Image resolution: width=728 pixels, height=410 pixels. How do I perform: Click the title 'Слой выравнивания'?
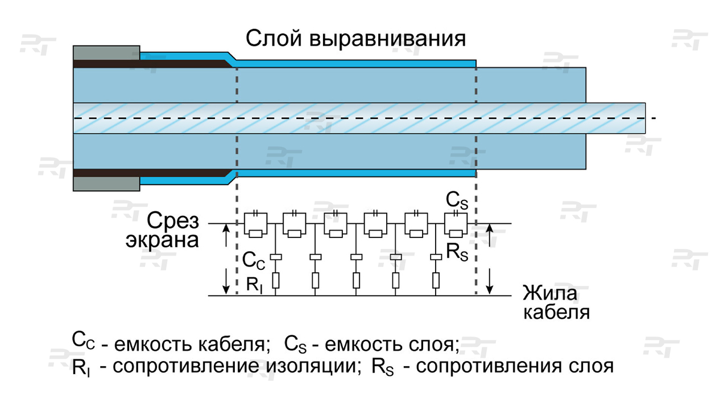[355, 39]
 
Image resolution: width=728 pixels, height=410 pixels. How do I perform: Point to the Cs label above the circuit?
[456, 200]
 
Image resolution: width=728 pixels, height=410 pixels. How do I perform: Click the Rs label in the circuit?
[457, 253]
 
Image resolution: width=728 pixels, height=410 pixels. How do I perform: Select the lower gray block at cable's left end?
[107, 184]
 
